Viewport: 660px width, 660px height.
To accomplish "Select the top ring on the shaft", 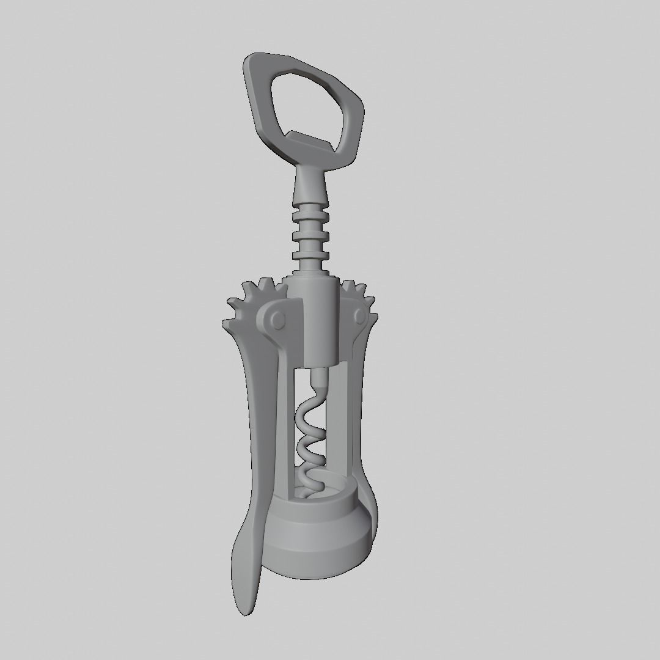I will coord(310,219).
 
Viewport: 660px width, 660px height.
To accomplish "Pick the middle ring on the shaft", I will coord(310,236).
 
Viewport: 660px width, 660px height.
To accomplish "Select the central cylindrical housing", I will coord(318,324).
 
